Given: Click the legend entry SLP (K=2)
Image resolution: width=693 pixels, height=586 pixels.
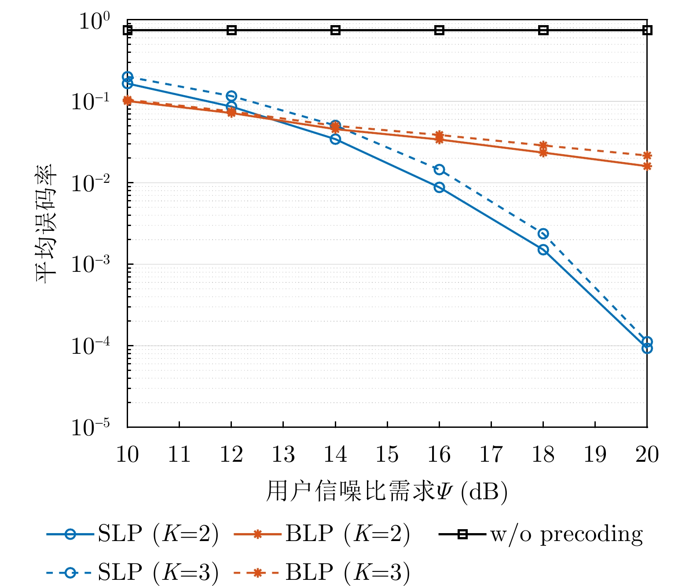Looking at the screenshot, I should tap(132, 534).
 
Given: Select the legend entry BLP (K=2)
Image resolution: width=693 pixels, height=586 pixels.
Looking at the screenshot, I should tap(322, 534).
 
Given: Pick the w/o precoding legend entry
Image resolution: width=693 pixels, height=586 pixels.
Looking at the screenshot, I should tap(541, 534).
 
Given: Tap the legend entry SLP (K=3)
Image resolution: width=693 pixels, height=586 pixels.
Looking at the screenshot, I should tap(132, 572).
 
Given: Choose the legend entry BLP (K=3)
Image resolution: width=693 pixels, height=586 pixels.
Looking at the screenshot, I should tap(322, 572).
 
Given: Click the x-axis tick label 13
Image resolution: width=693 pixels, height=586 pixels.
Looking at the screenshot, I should tap(283, 454).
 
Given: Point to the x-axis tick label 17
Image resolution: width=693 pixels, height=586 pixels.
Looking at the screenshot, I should tap(491, 454).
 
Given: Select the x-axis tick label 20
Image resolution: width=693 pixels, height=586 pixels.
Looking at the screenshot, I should tap(647, 454).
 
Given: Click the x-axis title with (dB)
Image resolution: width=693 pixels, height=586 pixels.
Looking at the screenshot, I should tap(386, 491).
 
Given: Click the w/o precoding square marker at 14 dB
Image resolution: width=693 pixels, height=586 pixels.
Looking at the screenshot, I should tap(335, 30).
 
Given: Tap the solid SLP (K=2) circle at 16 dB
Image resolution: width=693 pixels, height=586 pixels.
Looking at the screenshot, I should tap(439, 187).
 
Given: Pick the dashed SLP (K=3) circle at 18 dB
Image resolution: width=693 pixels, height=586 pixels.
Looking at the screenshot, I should tap(543, 234).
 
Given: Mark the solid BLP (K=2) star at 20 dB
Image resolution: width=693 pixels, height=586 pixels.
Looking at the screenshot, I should tap(647, 166).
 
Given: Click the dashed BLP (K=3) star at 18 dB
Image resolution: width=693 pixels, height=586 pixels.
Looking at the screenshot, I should tap(543, 145).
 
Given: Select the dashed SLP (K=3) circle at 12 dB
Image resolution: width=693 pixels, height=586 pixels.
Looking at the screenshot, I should tap(231, 96).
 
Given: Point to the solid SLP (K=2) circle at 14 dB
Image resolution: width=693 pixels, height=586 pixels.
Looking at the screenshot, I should tap(335, 139).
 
